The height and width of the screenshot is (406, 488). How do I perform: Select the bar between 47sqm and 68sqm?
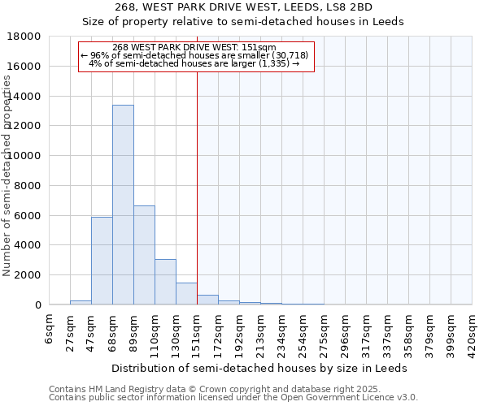click(x=102, y=261)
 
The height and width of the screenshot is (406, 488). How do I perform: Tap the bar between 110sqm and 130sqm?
click(x=165, y=282)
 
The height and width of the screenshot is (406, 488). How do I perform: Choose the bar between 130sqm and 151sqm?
click(x=186, y=294)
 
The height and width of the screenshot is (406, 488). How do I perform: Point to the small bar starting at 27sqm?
click(x=81, y=302)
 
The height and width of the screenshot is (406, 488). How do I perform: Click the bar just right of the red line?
click(x=207, y=300)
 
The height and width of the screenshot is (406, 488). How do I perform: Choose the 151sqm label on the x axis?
click(x=197, y=332)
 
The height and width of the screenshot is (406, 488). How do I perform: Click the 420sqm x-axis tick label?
click(x=472, y=332)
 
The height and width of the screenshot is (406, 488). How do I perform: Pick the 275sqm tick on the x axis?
click(x=324, y=332)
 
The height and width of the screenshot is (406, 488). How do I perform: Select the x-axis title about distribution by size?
click(x=259, y=368)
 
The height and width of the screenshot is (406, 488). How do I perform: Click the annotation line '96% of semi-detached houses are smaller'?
click(x=195, y=55)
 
